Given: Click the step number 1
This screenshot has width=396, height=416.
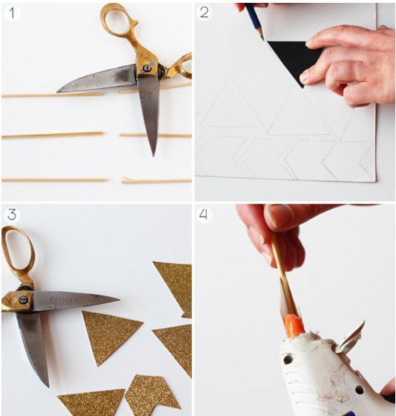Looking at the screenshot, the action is click(x=12, y=13).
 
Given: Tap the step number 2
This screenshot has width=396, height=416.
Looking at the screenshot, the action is click(x=204, y=12).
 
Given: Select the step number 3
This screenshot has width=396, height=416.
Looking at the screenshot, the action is click(x=12, y=214).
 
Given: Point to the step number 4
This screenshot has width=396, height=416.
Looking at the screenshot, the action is click(x=203, y=214).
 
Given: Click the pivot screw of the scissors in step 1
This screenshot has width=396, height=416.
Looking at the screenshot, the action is click(x=147, y=68).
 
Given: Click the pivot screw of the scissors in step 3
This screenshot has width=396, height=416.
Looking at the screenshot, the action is click(x=24, y=300).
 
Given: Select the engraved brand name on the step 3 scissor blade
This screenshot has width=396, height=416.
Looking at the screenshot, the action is click(x=64, y=300).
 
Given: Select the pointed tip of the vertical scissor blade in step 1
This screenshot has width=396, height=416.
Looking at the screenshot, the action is click(x=153, y=156).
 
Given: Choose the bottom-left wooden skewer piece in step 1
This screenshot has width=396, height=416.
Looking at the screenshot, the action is click(x=54, y=180).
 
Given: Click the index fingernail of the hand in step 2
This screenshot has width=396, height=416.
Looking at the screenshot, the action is click(x=309, y=42).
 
